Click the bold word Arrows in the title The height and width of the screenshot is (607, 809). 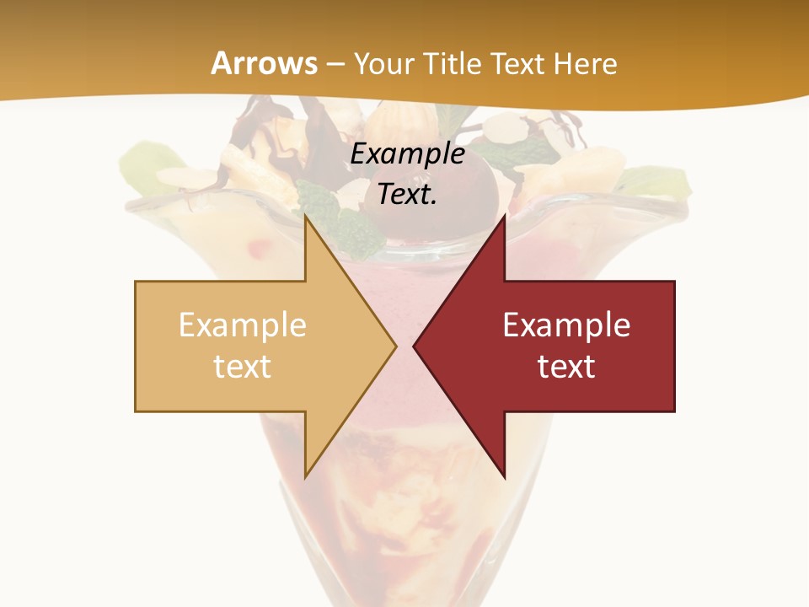(264, 63)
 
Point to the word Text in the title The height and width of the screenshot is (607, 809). (519, 63)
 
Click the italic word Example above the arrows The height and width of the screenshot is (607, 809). (407, 154)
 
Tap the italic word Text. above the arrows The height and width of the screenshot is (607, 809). (407, 195)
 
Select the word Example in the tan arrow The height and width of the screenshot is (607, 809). (242, 325)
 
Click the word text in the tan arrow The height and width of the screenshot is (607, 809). (242, 366)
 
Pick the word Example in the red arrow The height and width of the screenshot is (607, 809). (566, 325)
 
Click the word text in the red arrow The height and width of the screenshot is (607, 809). (566, 366)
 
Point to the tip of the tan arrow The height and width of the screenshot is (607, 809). (394, 346)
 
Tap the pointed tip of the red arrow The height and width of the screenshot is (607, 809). (415, 346)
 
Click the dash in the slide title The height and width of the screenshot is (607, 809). (335, 64)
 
